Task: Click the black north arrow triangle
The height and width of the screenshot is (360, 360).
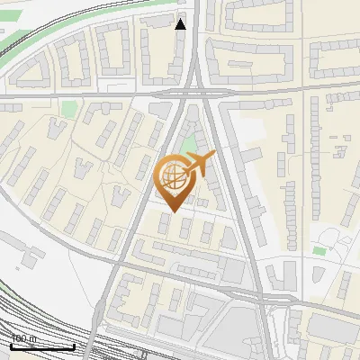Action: click(x=181, y=24)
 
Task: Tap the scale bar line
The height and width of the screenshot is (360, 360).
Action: click(x=42, y=346)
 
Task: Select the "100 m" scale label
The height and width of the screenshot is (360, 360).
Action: click(x=23, y=338)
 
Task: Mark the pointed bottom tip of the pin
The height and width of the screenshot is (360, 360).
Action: click(x=172, y=211)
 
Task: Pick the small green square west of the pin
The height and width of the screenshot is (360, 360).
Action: click(x=69, y=109)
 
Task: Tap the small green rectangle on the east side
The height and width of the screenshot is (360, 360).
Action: click(x=319, y=249)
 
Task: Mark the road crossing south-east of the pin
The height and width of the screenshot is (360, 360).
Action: click(x=256, y=292)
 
